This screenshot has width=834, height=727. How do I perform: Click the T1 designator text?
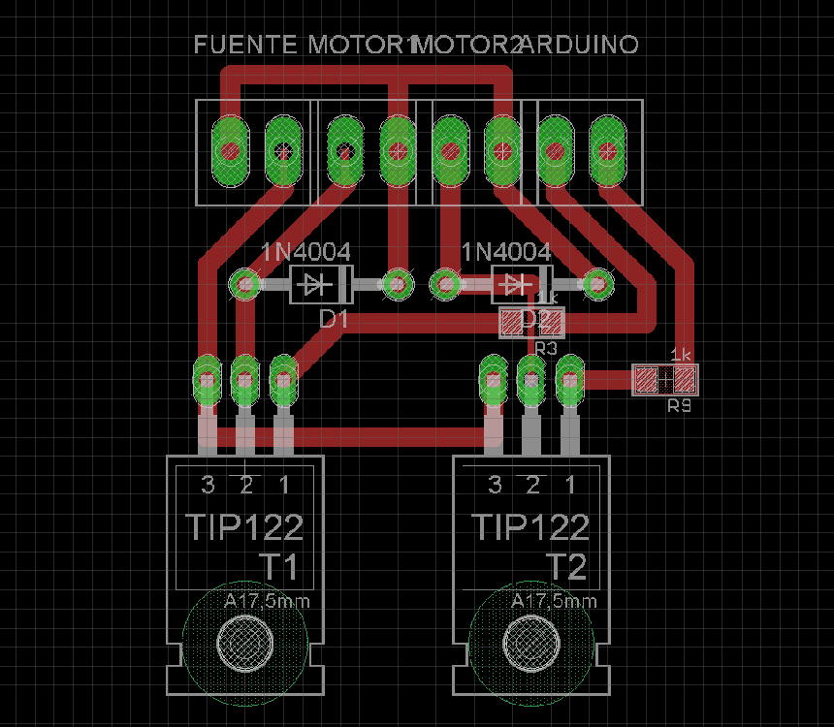pyautogui.click(x=278, y=566)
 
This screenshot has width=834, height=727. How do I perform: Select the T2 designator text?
pyautogui.click(x=566, y=566)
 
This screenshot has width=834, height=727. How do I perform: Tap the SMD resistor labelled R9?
pyautogui.click(x=664, y=379)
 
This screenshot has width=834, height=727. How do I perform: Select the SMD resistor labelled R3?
pyautogui.click(x=531, y=322)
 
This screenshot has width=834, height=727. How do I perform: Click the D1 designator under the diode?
pyautogui.click(x=333, y=318)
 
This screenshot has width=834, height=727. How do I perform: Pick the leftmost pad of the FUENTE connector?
pyautogui.click(x=230, y=150)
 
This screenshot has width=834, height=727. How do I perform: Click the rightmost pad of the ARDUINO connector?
pyautogui.click(x=607, y=150)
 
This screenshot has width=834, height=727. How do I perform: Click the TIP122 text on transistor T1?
pyautogui.click(x=243, y=527)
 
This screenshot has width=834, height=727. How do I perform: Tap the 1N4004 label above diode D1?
pyautogui.click(x=305, y=253)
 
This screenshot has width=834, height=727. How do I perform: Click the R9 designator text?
pyautogui.click(x=679, y=406)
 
